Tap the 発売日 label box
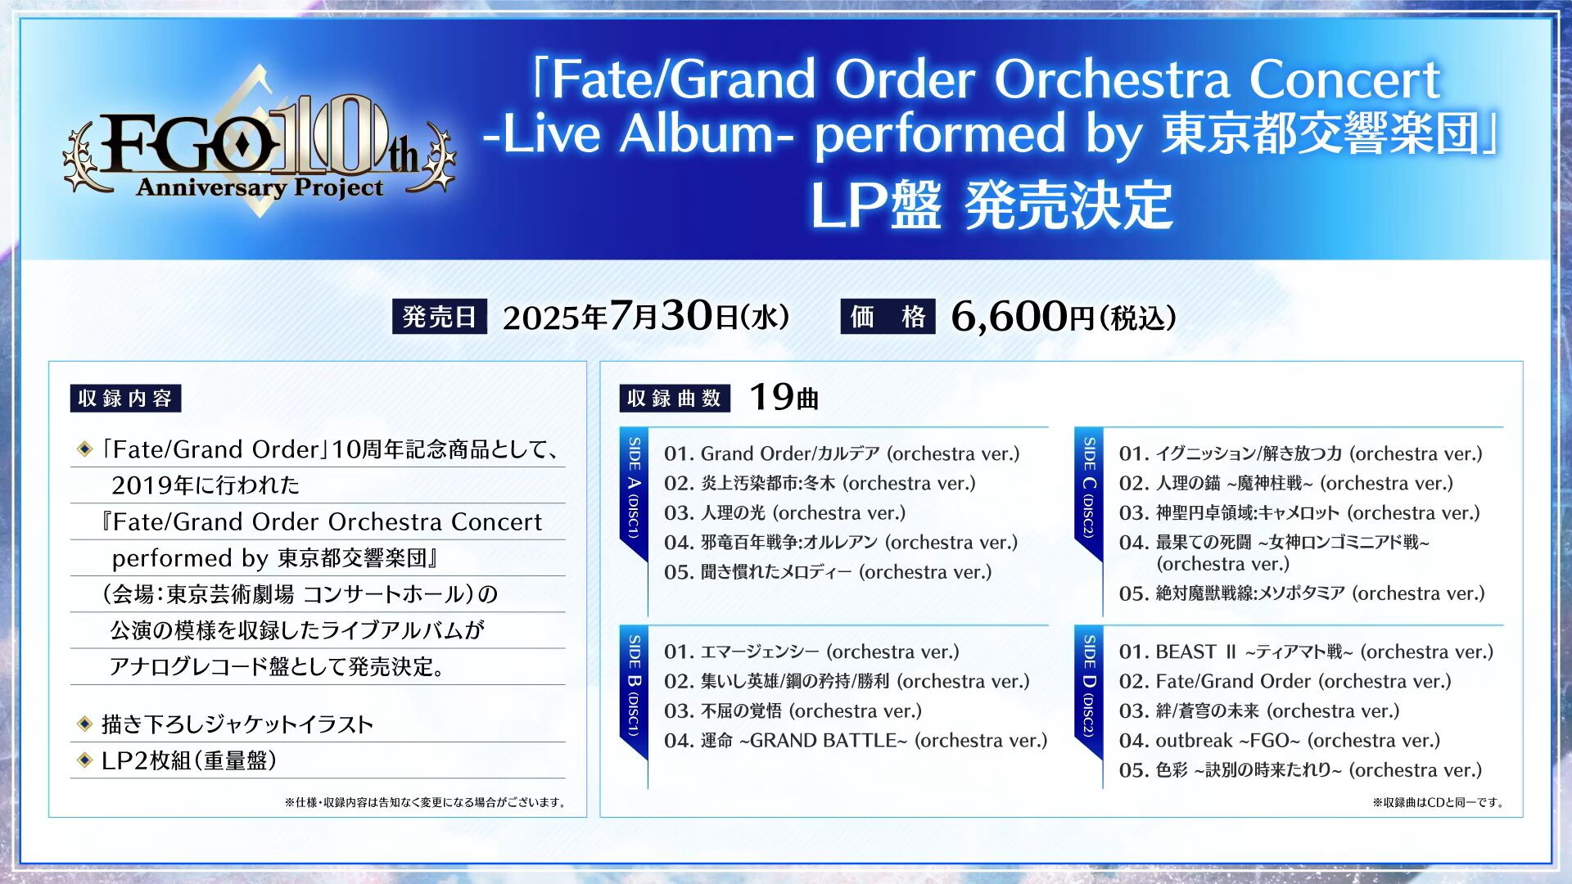pyautogui.click(x=440, y=317)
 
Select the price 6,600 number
pyautogui.click(x=1010, y=317)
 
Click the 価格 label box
pyautogui.click(x=888, y=317)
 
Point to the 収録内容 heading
pyautogui.click(x=125, y=399)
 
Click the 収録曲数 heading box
pyautogui.click(x=674, y=399)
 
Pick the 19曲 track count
pyautogui.click(x=784, y=398)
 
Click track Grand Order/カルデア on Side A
pyautogui.click(x=842, y=453)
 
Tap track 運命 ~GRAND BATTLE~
pyautogui.click(x=856, y=741)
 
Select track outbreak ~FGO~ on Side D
pyautogui.click(x=1280, y=741)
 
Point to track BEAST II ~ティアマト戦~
pyautogui.click(x=1306, y=652)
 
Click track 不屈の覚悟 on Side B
pyautogui.click(x=793, y=711)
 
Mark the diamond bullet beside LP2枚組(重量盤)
pyautogui.click(x=84, y=760)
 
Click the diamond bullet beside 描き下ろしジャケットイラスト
pyautogui.click(x=84, y=724)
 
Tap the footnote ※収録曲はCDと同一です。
pyautogui.click(x=1439, y=802)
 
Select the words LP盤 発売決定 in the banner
pyautogui.click(x=992, y=205)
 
